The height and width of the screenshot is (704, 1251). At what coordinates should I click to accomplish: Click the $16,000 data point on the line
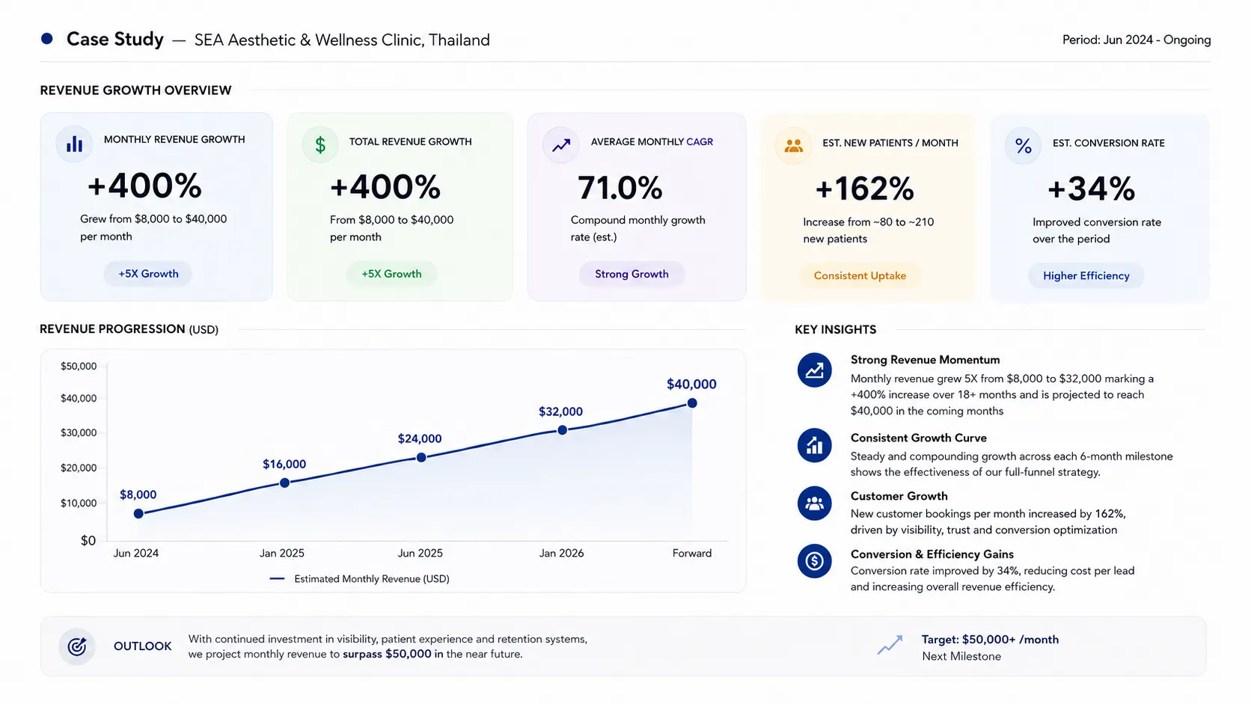[284, 483]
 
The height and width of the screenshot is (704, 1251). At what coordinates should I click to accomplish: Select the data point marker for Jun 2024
[138, 514]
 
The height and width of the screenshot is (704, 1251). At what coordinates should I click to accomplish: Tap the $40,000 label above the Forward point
[691, 384]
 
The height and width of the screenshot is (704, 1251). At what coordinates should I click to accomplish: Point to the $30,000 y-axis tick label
[78, 432]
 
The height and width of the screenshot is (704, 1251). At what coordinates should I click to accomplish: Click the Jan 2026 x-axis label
[561, 554]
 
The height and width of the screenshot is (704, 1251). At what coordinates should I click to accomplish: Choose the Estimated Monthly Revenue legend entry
[359, 579]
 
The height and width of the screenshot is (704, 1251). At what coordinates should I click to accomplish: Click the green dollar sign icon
[320, 145]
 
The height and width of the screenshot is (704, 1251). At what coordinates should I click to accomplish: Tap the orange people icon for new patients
[793, 146]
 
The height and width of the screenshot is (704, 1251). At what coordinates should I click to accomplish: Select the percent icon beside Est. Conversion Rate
[1023, 147]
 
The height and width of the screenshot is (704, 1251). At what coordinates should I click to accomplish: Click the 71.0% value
[620, 188]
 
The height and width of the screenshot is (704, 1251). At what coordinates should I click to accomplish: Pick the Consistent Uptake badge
[860, 276]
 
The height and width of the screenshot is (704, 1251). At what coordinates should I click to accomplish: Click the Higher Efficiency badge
[1086, 276]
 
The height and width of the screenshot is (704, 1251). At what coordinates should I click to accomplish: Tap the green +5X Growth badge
[391, 274]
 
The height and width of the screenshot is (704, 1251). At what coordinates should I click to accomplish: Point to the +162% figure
[864, 189]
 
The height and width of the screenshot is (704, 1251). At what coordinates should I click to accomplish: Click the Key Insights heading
[836, 330]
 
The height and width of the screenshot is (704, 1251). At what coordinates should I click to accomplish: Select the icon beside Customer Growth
[814, 503]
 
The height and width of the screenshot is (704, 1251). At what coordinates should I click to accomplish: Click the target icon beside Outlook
[77, 646]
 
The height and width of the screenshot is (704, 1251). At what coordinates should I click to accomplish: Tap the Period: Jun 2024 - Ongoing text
[1137, 40]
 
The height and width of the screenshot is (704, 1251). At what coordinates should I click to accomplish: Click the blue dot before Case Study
[47, 38]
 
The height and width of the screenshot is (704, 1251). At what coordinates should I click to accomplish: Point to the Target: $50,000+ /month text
[990, 640]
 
